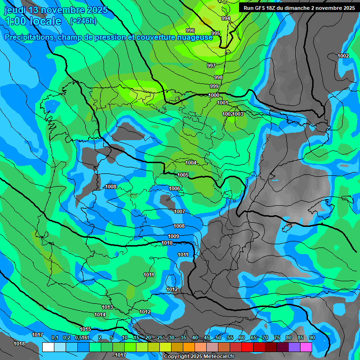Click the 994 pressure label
click(226, 18)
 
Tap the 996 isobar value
click(190, 30)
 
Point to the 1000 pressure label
click(214, 95)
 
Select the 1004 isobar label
click(191, 163)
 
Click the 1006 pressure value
click(174, 188)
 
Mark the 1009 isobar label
click(173, 236)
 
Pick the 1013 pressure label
click(107, 307)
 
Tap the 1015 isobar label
click(85, 329)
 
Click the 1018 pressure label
click(19, 344)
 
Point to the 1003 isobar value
click(239, 114)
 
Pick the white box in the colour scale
click(48, 347)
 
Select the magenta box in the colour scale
click(306, 347)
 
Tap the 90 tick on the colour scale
click(312, 337)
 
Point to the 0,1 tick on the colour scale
click(54, 337)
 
